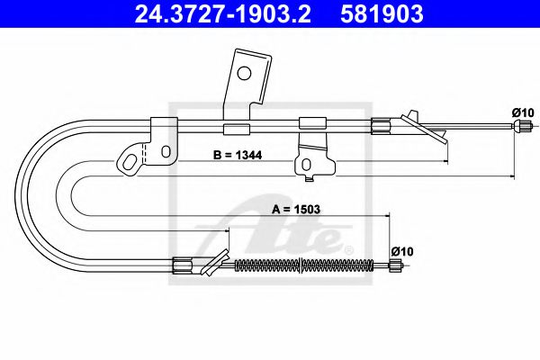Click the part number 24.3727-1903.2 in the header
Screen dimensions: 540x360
[222, 14]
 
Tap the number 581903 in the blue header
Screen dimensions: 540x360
[382, 14]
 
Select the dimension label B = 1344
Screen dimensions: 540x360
[238, 155]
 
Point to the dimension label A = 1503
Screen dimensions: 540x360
[296, 209]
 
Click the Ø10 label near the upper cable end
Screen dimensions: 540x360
[523, 112]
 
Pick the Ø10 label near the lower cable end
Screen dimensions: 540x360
[402, 251]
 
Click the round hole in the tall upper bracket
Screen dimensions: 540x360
[244, 73]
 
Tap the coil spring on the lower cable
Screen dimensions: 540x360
[303, 265]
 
